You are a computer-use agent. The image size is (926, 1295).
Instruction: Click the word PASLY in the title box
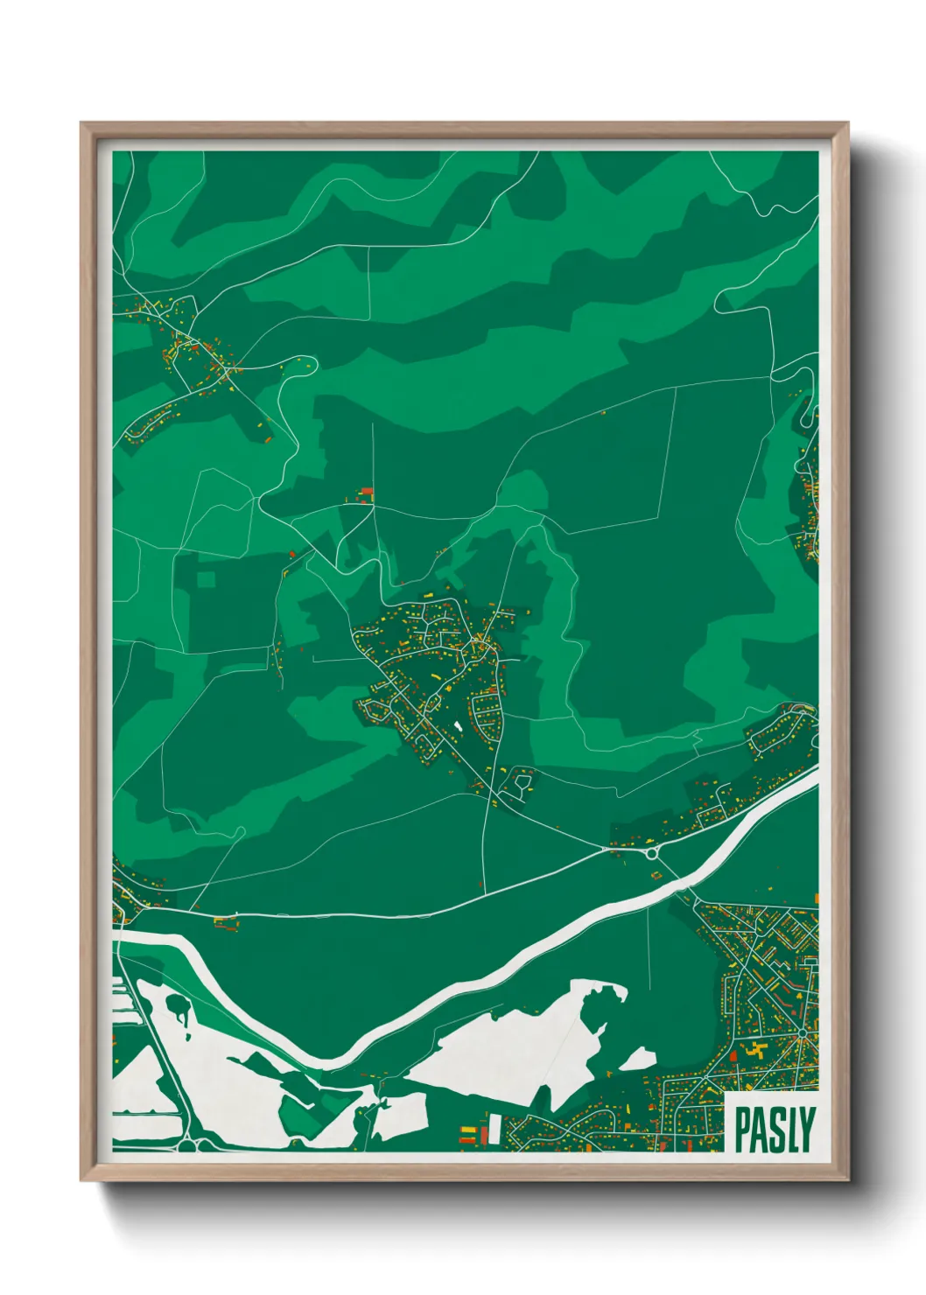point(775,1130)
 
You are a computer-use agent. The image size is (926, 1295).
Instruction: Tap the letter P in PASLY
point(741,1130)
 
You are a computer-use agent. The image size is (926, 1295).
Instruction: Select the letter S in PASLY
point(775,1130)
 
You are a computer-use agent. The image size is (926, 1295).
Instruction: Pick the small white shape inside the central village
point(457,726)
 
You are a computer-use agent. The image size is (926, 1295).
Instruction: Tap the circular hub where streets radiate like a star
point(800,1036)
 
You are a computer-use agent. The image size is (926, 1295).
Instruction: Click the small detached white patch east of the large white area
point(638,1059)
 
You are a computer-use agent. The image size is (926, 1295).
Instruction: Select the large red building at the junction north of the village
point(367,492)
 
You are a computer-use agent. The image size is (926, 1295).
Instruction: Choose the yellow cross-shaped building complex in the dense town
point(758,1049)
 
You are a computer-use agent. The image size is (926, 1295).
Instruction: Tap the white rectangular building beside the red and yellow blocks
point(494,1128)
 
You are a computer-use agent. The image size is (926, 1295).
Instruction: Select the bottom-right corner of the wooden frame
point(847,1179)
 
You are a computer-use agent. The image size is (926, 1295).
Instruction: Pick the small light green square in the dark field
point(206,579)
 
